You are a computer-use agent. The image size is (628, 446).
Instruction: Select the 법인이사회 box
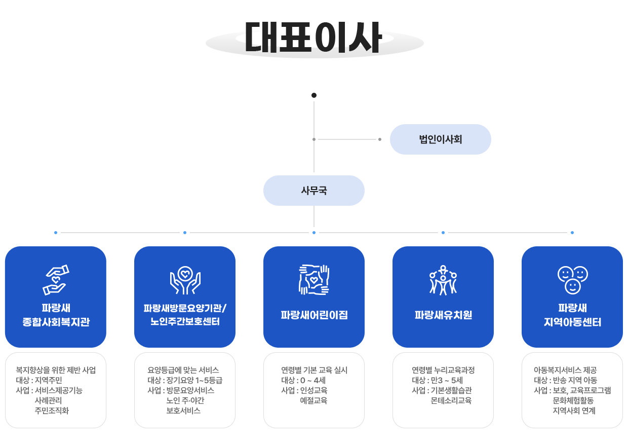[x=440, y=139]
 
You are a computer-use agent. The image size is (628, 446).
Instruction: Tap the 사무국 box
[x=313, y=191]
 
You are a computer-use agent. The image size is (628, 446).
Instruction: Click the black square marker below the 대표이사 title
[x=313, y=95]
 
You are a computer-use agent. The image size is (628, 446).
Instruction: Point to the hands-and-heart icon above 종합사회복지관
[x=56, y=279]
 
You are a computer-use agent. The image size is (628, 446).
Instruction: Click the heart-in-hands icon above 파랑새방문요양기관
[x=185, y=280]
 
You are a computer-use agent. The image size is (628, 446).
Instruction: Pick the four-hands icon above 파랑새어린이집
[x=314, y=279]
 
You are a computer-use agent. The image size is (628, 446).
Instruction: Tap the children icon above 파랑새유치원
[x=443, y=279]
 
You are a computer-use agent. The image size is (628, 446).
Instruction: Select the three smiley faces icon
[x=572, y=280]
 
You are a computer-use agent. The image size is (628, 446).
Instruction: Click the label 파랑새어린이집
[x=314, y=315]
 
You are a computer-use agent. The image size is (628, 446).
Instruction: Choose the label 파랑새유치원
[x=443, y=315]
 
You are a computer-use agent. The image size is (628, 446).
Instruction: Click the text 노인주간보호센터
[x=185, y=322]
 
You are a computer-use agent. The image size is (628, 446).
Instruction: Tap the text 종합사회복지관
[x=56, y=322]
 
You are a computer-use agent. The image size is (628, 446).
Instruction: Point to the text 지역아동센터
[x=572, y=322]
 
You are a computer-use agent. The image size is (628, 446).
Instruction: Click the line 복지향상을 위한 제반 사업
[x=56, y=370]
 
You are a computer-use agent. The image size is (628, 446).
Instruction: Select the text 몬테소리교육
[x=451, y=400]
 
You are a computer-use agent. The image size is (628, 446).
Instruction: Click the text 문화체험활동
[x=573, y=400]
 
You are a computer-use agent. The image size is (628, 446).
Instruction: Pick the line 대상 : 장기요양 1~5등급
[x=185, y=380]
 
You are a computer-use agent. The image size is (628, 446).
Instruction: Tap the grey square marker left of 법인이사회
[x=379, y=139]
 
